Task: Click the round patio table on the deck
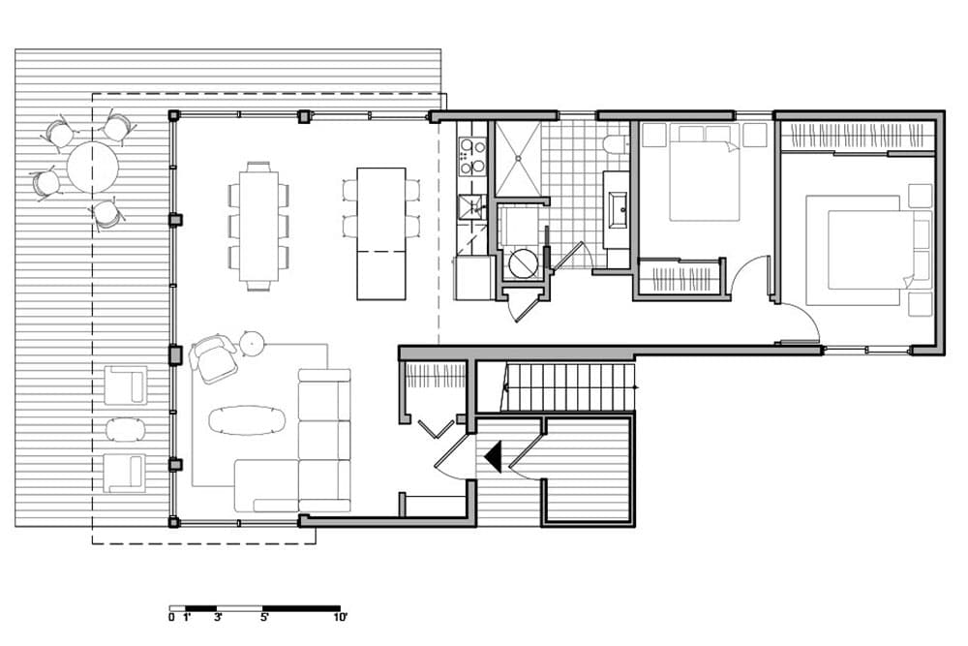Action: pos(92,167)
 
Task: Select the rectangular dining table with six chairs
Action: pos(257,226)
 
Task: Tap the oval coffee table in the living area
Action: pos(248,418)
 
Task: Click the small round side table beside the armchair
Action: pos(253,341)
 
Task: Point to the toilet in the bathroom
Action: pos(614,145)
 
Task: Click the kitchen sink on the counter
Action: pos(470,205)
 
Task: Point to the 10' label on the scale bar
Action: pos(340,616)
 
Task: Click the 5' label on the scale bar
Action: pos(264,616)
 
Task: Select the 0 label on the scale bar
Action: pos(171,616)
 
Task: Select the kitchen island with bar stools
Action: pos(380,232)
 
